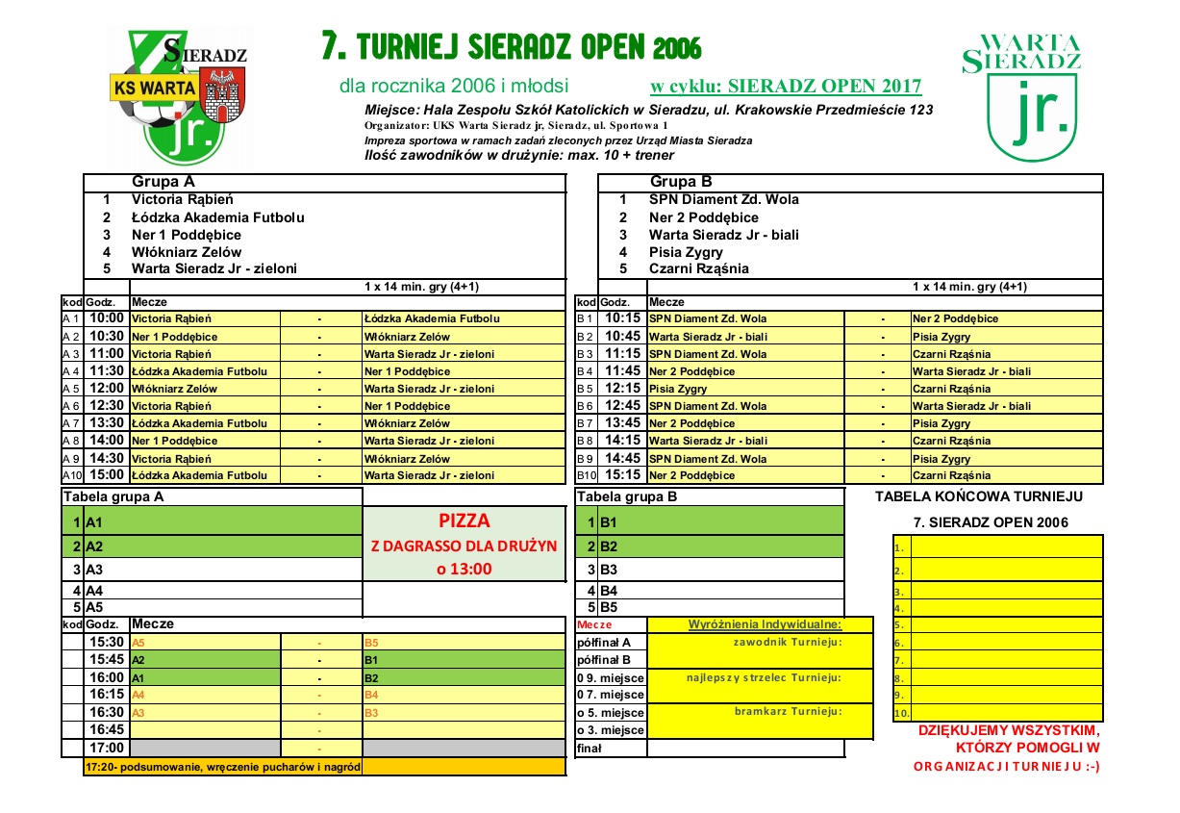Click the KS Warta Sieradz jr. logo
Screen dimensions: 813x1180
188,94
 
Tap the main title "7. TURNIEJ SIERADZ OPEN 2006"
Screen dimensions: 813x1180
511,46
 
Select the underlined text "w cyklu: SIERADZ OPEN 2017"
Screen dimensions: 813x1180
786,87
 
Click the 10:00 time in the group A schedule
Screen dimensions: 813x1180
107,318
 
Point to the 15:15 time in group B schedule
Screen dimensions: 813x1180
623,475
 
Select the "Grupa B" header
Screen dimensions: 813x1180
681,182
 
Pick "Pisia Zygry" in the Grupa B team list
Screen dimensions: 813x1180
686,252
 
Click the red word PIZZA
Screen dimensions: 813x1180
464,521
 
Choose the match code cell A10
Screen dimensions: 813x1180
72,475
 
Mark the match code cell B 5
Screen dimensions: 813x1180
586,389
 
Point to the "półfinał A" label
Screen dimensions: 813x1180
603,642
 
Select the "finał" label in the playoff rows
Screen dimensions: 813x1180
589,748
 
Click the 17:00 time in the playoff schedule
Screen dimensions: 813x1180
107,748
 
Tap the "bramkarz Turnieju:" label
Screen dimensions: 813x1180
788,712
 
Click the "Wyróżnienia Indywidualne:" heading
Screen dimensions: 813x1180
765,624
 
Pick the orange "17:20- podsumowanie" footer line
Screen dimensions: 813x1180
223,767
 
